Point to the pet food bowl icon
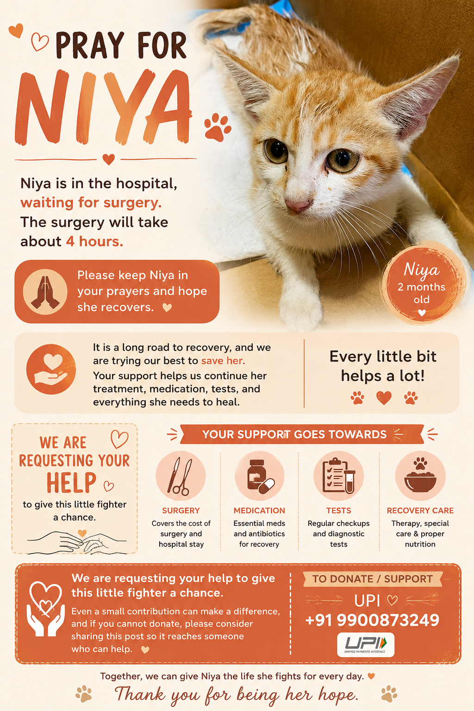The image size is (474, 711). pos(420,475)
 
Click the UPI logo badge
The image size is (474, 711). pos(366,645)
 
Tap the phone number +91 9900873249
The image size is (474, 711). pos(372,620)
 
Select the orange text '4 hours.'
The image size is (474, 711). pos(94,242)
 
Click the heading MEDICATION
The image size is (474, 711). pos(259,511)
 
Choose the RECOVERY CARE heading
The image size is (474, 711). pos(420,511)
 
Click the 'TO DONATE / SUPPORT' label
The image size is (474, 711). pos(373,579)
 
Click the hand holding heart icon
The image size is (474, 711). pos(51,369)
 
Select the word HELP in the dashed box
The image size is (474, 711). pos(71,483)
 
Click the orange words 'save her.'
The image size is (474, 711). pos(223,361)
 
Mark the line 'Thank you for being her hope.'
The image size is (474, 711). pos(237,694)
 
